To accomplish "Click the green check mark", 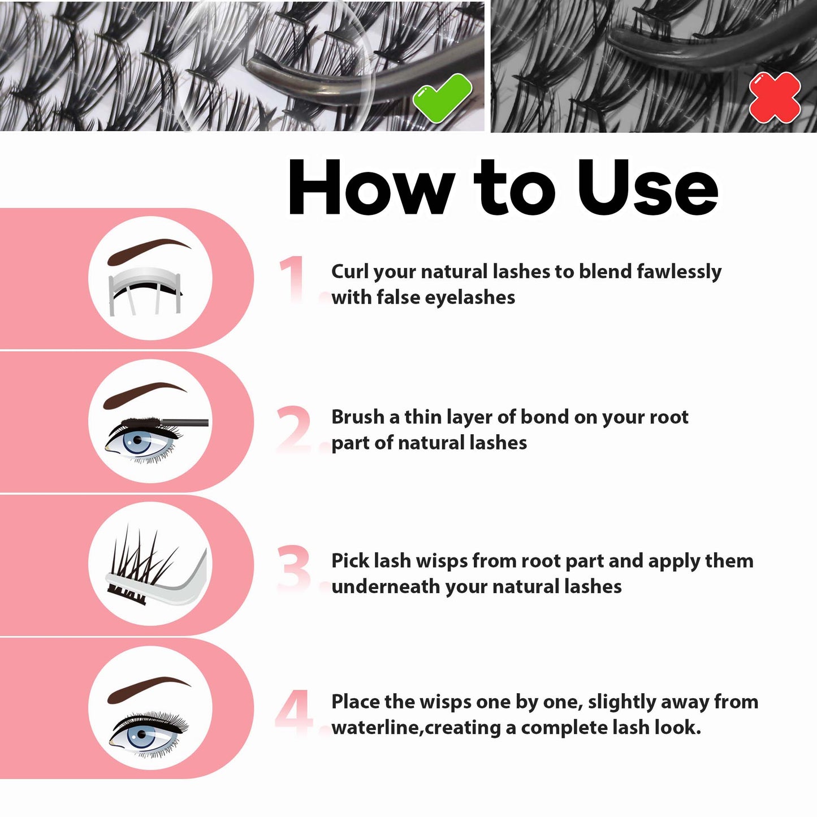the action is [442, 98].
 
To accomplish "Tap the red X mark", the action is [775, 97].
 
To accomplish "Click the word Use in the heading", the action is [648, 187].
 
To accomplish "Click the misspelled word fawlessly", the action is [679, 272].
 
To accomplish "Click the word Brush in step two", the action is [358, 417].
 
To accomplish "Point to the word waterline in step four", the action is [375, 728].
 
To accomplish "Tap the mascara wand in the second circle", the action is [165, 422].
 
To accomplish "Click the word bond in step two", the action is [544, 417].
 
